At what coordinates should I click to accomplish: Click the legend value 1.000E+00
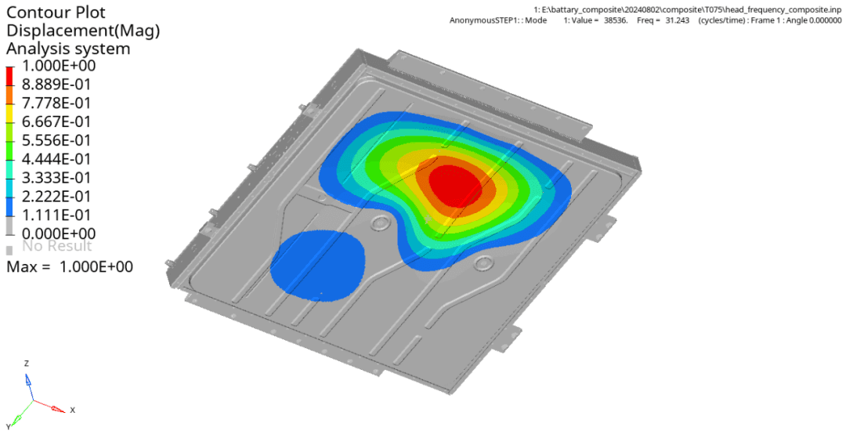point(58,66)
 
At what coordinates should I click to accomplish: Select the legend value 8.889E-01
point(56,85)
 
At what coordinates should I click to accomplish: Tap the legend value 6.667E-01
point(56,122)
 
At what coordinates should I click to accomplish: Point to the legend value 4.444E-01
point(56,159)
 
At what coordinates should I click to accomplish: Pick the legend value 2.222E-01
point(56,197)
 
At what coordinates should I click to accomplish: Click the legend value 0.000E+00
point(58,233)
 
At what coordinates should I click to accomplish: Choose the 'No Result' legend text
point(56,246)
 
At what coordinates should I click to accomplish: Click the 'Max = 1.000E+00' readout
point(70,266)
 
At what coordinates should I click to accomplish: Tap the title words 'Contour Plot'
point(56,12)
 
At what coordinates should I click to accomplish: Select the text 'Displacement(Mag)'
point(83,31)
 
